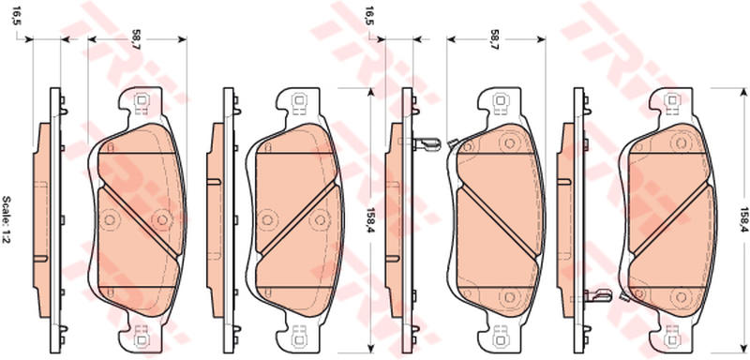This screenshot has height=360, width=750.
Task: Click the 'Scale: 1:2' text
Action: click(7, 219)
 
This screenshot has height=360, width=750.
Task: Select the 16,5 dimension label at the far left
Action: click(17, 17)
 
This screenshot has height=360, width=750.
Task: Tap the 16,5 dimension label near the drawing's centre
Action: click(368, 17)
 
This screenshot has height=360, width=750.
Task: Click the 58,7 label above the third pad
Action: click(496, 41)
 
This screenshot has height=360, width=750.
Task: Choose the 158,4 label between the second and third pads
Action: click(369, 219)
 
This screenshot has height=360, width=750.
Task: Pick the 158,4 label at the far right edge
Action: click(743, 219)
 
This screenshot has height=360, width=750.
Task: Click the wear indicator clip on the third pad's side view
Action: click(427, 143)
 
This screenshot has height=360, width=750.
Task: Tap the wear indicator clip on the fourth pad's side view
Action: click(598, 295)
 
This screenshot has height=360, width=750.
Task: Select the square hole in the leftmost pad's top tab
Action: click(142, 100)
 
